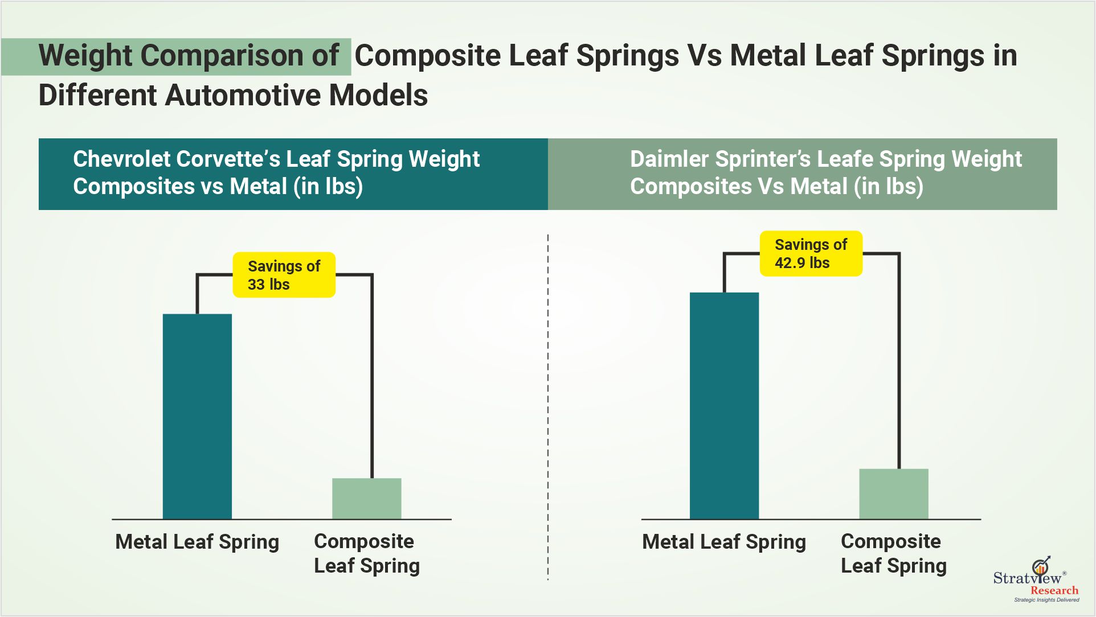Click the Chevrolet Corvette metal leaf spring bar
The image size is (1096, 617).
click(x=197, y=416)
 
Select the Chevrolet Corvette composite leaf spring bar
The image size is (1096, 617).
click(x=366, y=499)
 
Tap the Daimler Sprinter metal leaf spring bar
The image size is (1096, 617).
click(x=724, y=405)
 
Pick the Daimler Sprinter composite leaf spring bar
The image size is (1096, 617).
click(x=893, y=494)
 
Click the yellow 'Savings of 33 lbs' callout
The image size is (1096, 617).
click(x=284, y=275)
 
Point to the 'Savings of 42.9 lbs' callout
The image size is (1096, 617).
click(x=811, y=254)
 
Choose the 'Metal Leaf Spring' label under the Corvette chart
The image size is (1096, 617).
click(x=197, y=542)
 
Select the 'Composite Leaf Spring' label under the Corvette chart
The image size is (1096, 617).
click(x=366, y=553)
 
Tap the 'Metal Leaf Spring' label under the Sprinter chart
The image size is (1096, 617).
click(x=724, y=542)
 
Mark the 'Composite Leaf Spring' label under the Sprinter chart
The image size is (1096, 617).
click(x=893, y=553)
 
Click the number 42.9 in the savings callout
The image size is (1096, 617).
click(x=790, y=263)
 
